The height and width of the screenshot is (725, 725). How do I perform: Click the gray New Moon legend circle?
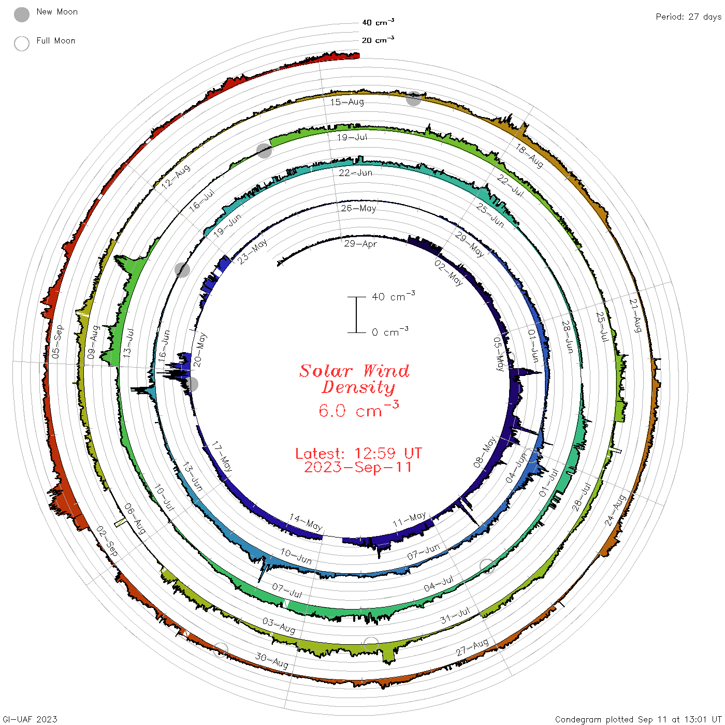coord(22,15)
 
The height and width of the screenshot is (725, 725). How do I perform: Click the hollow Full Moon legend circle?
coord(22,44)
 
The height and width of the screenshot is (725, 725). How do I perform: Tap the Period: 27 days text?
coord(688,17)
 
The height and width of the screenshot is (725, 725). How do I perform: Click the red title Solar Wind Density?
coord(354,379)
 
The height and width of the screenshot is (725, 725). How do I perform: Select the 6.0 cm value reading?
coord(358,409)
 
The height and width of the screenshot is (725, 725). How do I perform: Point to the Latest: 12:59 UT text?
coord(358,453)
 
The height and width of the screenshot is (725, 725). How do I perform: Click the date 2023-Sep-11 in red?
coord(358,467)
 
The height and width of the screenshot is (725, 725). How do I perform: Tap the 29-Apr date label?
coord(360,244)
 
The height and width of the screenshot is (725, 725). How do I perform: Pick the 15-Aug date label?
coord(347,102)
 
